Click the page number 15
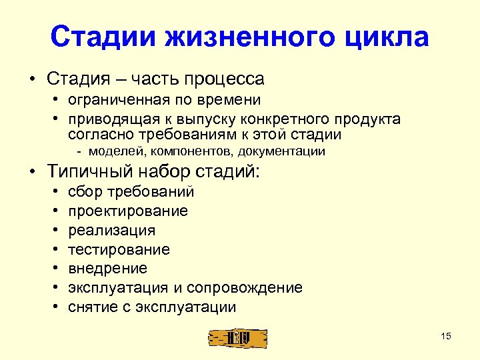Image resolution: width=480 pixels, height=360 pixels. coord(446,336)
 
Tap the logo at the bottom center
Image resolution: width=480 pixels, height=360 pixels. coord(237,338)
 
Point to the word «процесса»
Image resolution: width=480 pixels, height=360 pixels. coord(227,79)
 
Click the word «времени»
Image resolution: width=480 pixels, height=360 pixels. coord(231,101)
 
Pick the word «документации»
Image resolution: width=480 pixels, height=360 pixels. coord(284,151)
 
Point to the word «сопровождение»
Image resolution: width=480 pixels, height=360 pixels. coord(245,288)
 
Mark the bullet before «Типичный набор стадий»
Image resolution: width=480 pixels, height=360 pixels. coord(31,171)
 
